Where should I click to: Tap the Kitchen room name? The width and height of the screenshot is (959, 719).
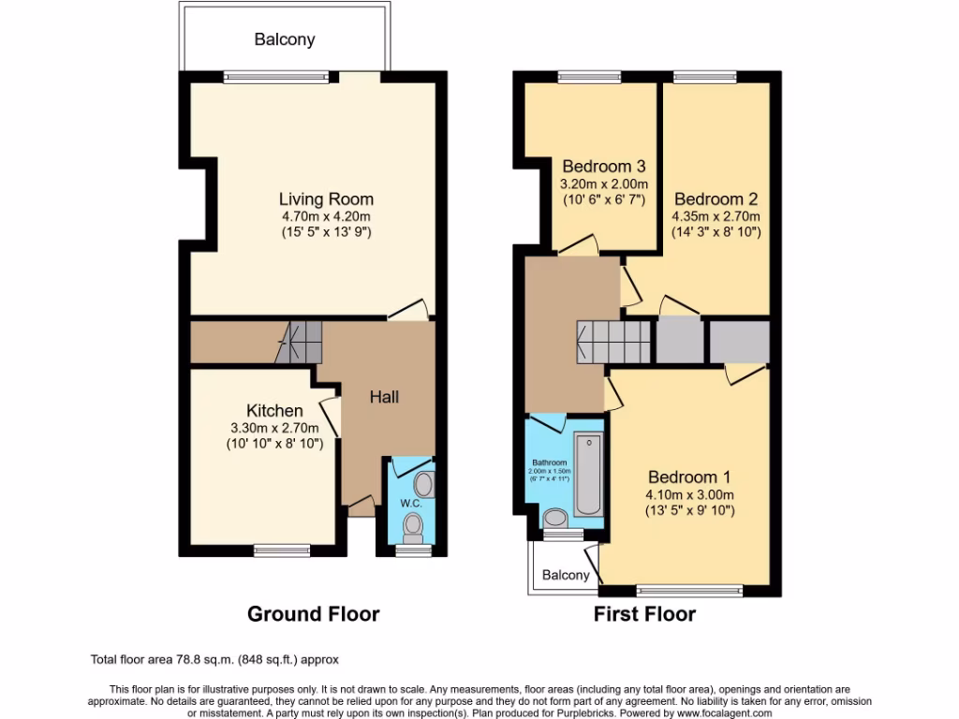tap(274, 411)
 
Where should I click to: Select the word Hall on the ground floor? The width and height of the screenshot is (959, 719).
tap(384, 397)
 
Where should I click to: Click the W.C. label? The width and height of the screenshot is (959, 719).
tap(412, 504)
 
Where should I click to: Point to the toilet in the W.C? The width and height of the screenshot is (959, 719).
tap(411, 530)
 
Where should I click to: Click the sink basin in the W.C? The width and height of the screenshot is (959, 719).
tap(423, 484)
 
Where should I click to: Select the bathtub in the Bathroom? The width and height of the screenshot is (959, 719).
tap(587, 474)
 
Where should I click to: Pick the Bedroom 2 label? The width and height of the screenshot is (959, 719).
tap(716, 198)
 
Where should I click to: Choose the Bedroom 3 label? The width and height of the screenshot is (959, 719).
tap(604, 166)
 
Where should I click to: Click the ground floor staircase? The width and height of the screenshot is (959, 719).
tap(299, 343)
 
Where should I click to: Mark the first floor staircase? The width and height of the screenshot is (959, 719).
tap(613, 341)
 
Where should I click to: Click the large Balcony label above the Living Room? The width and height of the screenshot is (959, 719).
tap(285, 39)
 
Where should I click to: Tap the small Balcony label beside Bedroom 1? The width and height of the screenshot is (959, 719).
tap(568, 575)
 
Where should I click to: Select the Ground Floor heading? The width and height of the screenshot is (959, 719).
tap(313, 614)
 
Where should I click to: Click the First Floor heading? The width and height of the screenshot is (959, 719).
tap(644, 614)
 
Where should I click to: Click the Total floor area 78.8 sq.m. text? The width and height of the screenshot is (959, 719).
tap(221, 659)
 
